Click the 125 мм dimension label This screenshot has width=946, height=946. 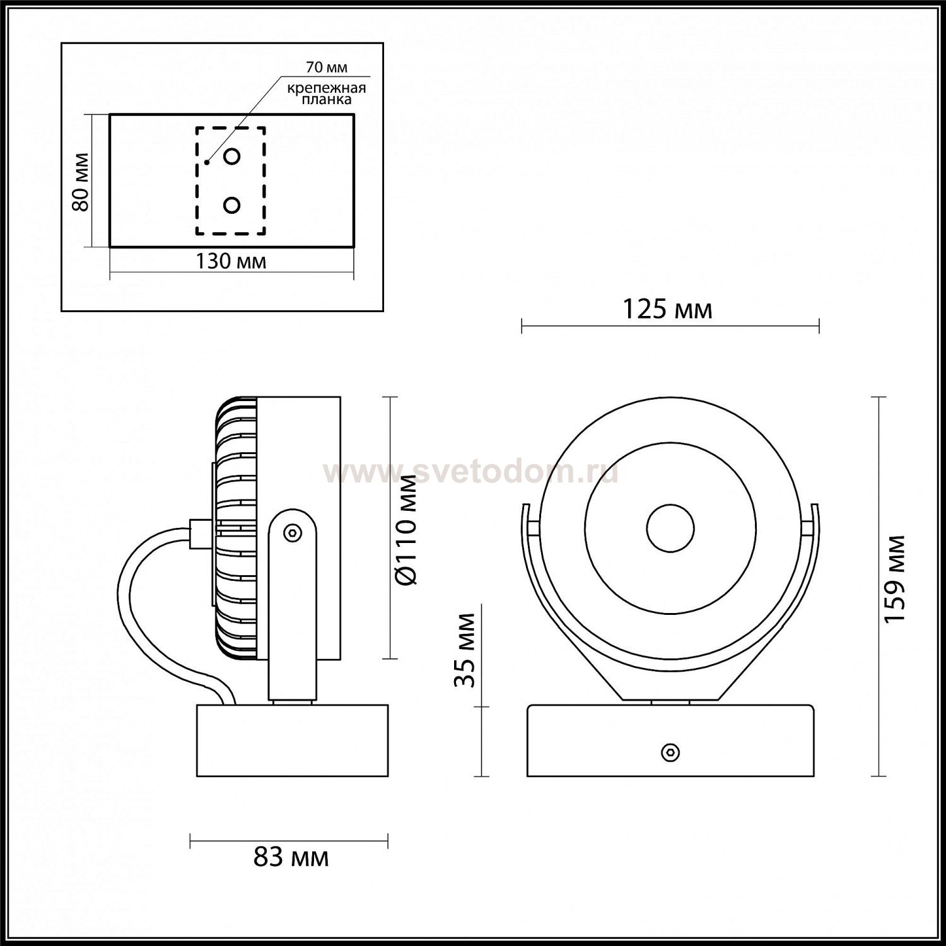(x=667, y=309)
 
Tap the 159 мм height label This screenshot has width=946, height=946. (x=894, y=579)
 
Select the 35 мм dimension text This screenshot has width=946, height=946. (x=464, y=650)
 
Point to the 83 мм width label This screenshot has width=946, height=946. (x=291, y=857)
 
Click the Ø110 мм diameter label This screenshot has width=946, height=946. (x=408, y=528)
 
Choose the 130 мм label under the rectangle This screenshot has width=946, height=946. (x=231, y=260)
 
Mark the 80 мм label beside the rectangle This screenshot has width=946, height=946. (x=80, y=182)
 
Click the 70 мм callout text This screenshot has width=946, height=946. (x=327, y=67)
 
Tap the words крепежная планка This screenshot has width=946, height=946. (x=327, y=93)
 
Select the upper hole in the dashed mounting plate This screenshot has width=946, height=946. (x=232, y=156)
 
